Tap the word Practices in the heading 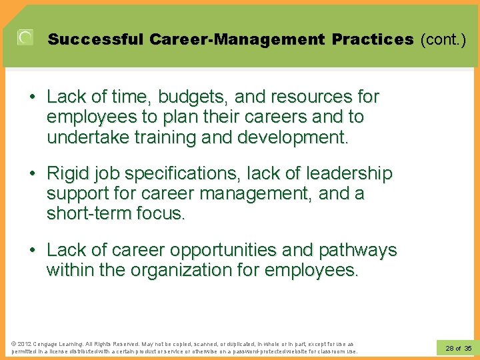[373, 39]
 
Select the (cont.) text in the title [443, 39]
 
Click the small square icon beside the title [25, 39]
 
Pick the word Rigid [68, 174]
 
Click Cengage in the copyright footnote [41, 343]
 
